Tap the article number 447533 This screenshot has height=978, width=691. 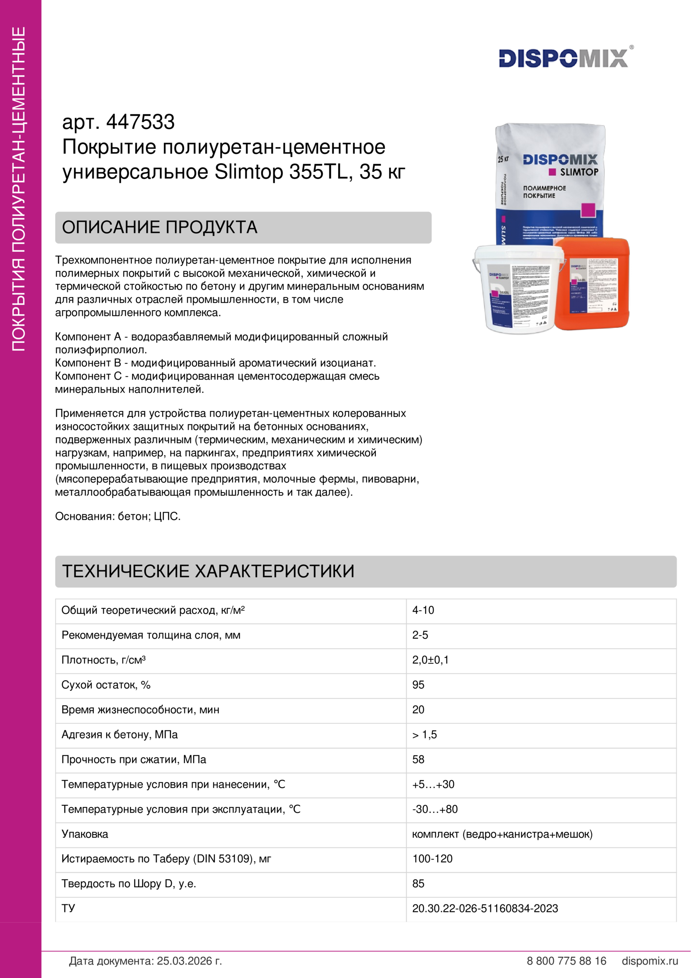tap(140, 122)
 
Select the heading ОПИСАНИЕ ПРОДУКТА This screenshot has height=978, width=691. tap(160, 227)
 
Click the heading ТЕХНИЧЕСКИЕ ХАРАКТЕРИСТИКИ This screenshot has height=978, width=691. tap(208, 571)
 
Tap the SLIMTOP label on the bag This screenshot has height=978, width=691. tap(579, 172)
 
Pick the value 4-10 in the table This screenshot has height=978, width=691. tap(423, 610)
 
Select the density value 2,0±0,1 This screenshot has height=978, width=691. tap(430, 660)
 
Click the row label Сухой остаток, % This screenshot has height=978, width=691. tap(106, 684)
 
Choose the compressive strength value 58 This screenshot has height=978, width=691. tap(418, 759)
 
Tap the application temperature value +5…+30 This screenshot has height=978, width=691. tap(433, 784)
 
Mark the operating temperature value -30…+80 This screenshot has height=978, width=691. tap(435, 809)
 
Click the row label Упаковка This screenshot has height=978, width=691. tap(85, 834)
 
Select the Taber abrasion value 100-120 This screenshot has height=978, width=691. tap(432, 859)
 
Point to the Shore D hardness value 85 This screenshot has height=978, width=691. tap(418, 884)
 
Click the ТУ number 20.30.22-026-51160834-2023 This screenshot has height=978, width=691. tap(485, 908)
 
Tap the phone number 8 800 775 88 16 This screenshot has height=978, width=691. tap(566, 960)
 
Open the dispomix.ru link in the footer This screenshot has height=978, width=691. tap(650, 960)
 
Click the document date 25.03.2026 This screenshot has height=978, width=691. tap(189, 960)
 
